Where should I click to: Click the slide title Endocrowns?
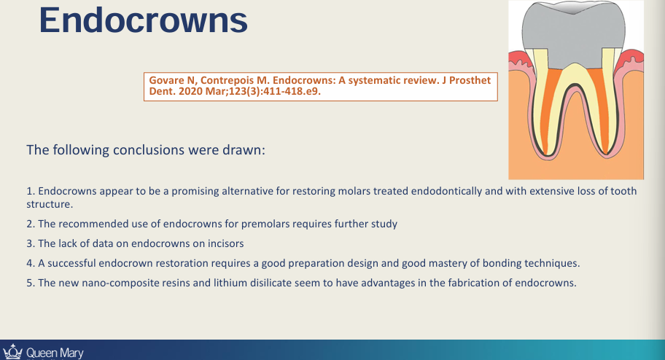coord(143,20)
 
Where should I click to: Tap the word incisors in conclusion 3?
coord(224,243)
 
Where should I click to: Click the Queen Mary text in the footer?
coord(55,353)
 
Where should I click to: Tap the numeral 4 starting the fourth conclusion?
coord(29,263)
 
